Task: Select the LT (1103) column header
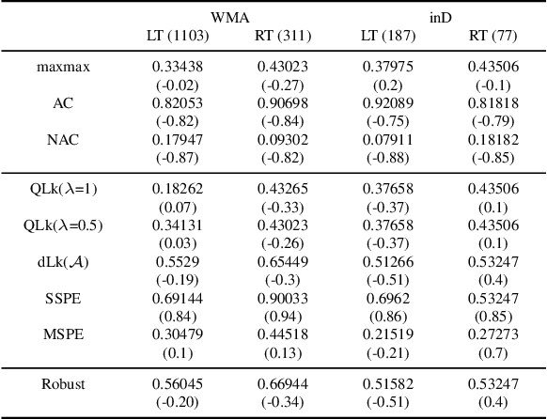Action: tap(178, 36)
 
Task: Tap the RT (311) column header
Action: tap(283, 36)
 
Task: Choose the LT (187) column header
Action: tap(388, 36)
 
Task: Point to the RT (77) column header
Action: tap(493, 36)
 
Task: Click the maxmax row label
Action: tap(63, 67)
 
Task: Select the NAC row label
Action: tap(63, 140)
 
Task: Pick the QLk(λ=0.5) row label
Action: tap(63, 225)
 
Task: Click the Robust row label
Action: tap(63, 383)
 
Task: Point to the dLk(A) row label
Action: tap(63, 261)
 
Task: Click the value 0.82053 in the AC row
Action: tap(178, 103)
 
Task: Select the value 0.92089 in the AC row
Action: tap(388, 103)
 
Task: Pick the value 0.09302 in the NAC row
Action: tap(283, 140)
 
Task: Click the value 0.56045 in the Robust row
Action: tap(178, 383)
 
